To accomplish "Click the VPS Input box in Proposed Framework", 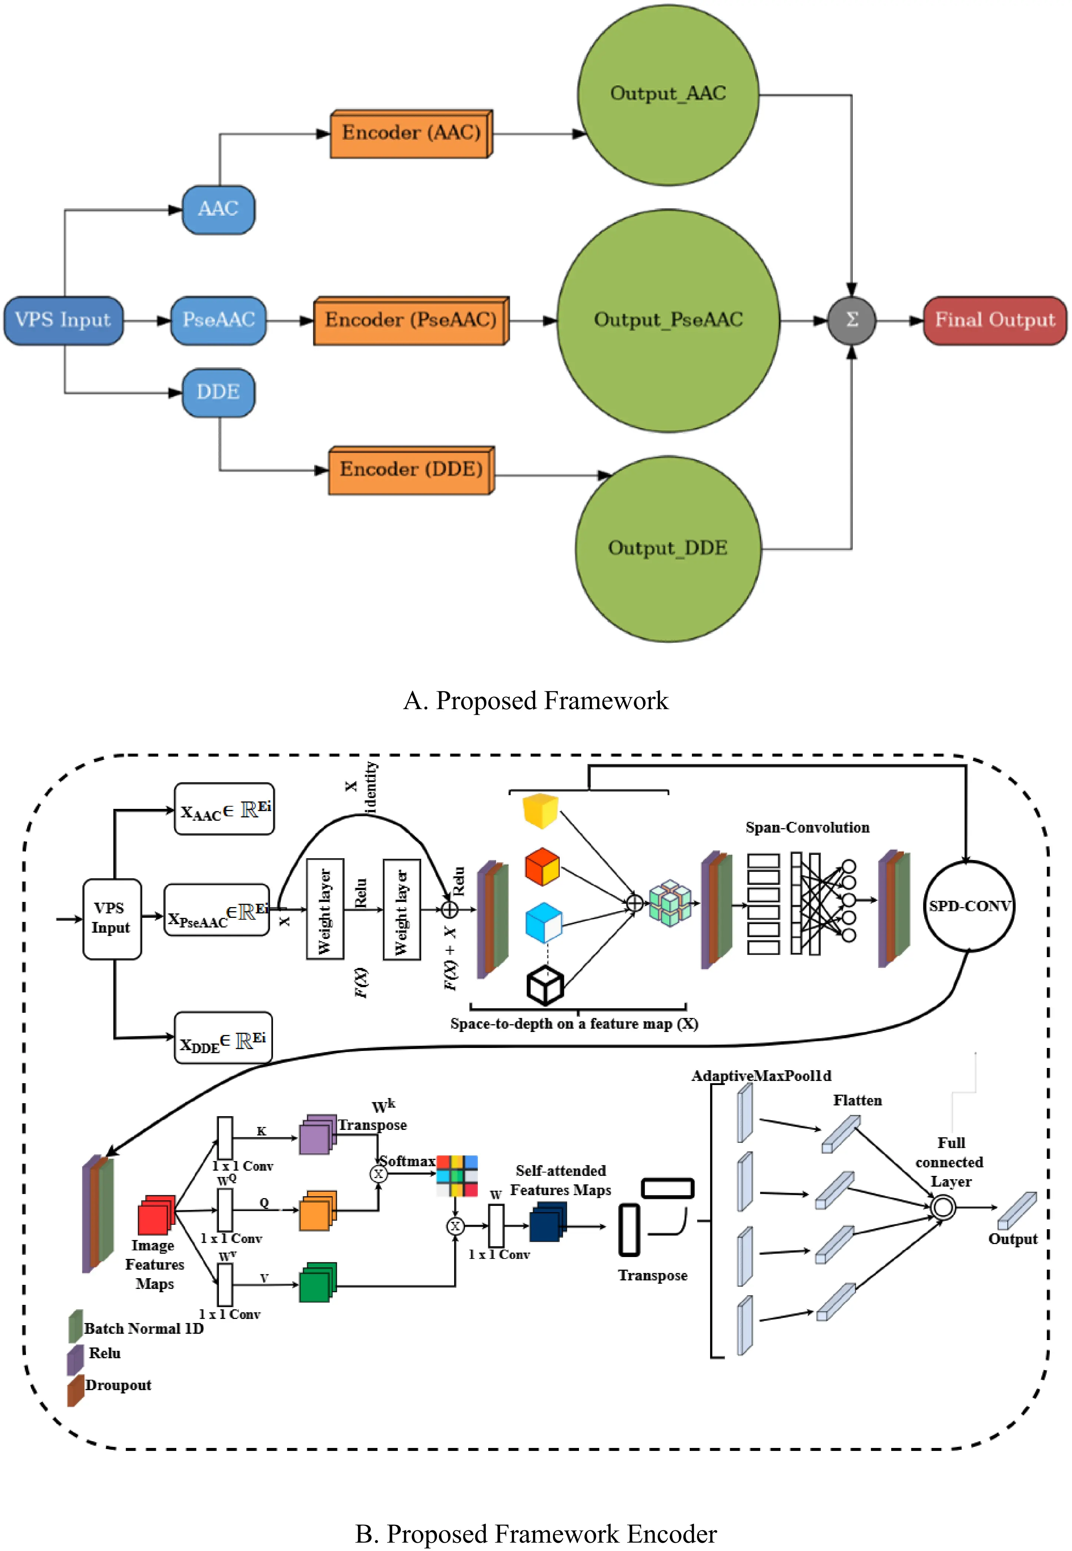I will [x=63, y=321].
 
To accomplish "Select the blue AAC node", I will [x=218, y=209].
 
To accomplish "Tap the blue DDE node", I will [x=218, y=392].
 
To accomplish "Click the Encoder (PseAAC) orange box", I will [x=410, y=321].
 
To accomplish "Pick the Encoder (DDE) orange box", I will [x=410, y=470].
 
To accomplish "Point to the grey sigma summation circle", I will [x=851, y=321].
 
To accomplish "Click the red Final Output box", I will [x=995, y=321].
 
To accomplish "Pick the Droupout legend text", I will [x=118, y=1385].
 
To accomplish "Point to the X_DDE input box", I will [x=223, y=1039].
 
